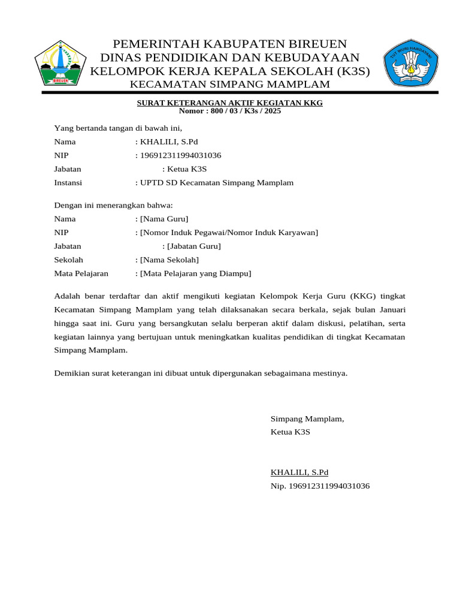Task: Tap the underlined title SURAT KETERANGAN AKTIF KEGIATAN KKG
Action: click(230, 103)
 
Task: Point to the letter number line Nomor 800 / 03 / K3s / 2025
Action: click(230, 111)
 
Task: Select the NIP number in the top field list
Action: click(180, 156)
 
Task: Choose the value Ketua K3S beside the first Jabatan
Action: click(187, 169)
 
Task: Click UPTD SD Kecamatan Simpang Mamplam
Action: click(216, 183)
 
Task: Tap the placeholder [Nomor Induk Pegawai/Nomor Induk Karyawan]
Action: click(228, 233)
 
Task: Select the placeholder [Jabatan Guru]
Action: click(194, 246)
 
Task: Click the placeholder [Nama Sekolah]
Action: click(169, 260)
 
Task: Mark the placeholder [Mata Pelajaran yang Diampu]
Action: click(195, 274)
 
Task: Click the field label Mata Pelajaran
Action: click(81, 274)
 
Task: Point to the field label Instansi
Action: click(68, 183)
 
